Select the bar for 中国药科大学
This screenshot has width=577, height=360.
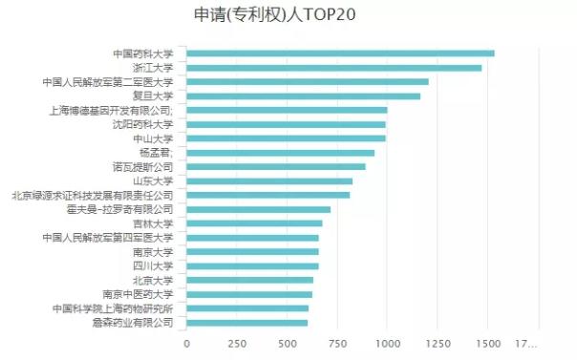[x=339, y=53]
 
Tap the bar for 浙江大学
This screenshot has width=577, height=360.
[x=333, y=68]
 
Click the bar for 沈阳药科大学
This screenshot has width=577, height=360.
[x=286, y=124]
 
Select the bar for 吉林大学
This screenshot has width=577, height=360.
[x=254, y=223]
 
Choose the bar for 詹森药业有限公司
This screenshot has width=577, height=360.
[x=246, y=323]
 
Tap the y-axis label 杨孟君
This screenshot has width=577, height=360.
[x=157, y=153]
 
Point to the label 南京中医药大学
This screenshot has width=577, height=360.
[x=138, y=294]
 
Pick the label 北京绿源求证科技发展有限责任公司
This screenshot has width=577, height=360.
[x=93, y=195]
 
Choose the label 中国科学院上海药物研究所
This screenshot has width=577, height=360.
[x=113, y=308]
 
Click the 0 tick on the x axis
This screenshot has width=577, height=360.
[x=186, y=344]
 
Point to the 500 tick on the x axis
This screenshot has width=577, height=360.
[x=287, y=344]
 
